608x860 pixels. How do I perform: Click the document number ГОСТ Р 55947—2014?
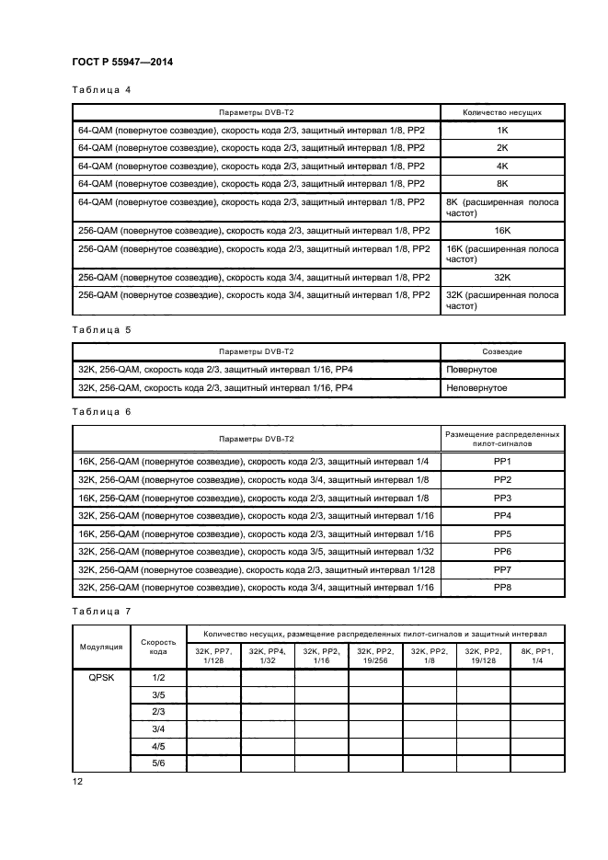(122, 62)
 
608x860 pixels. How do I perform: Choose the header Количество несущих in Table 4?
(502, 112)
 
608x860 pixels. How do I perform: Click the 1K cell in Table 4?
(502, 131)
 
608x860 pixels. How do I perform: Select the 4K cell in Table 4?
(502, 166)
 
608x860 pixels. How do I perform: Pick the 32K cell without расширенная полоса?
(502, 277)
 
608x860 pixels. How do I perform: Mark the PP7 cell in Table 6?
(502, 571)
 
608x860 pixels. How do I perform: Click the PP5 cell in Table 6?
(502, 534)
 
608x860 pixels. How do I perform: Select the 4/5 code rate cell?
(158, 748)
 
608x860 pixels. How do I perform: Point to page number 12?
(77, 782)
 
